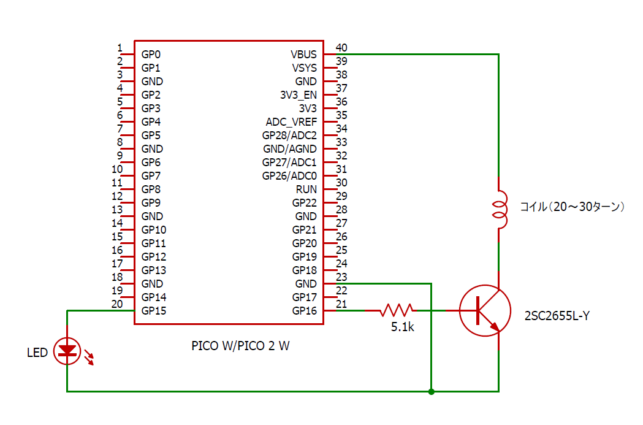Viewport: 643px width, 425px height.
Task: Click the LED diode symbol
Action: click(x=67, y=351)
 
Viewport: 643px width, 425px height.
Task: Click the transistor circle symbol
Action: click(x=485, y=310)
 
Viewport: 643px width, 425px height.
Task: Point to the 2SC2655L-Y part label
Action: click(x=557, y=316)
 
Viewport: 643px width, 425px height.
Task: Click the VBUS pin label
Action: click(x=304, y=54)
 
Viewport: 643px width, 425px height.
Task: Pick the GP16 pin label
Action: click(x=304, y=310)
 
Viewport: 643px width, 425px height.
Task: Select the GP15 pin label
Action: click(x=154, y=310)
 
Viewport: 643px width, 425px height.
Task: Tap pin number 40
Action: click(x=341, y=48)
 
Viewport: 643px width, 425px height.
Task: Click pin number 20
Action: click(x=117, y=304)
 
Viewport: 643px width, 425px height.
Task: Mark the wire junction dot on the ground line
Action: click(x=432, y=391)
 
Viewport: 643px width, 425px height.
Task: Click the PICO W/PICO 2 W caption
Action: click(x=240, y=346)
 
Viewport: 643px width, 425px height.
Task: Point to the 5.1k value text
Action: click(x=403, y=327)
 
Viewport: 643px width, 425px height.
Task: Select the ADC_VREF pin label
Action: click(x=291, y=121)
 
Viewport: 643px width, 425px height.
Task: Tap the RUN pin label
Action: click(x=306, y=189)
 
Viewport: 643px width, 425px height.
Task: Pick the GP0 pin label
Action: click(x=151, y=54)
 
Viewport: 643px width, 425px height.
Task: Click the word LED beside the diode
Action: click(x=37, y=353)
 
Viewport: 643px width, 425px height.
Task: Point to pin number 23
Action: click(x=341, y=277)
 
